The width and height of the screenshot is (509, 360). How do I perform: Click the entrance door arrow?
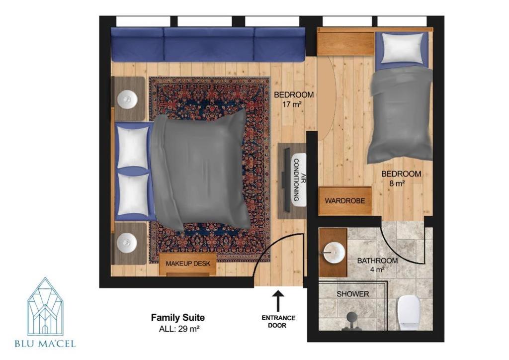pyautogui.click(x=278, y=301)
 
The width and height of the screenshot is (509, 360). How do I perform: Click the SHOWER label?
pyautogui.click(x=353, y=294)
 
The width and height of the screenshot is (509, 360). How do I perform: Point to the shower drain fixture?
pyautogui.click(x=351, y=320)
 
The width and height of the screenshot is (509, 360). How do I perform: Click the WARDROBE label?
pyautogui.click(x=345, y=201)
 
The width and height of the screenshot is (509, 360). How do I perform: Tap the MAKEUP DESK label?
pyautogui.click(x=188, y=264)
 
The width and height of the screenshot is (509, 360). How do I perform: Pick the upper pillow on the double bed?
pyautogui.click(x=133, y=148)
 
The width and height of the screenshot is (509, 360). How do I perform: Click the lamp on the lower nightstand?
pyautogui.click(x=127, y=242)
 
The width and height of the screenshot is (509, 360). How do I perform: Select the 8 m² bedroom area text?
pyautogui.click(x=397, y=183)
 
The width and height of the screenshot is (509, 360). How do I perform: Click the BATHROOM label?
pyautogui.click(x=377, y=261)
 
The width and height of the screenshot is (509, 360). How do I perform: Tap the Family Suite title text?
pyautogui.click(x=178, y=317)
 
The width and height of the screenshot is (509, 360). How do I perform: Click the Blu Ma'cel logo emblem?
pyautogui.click(x=45, y=306)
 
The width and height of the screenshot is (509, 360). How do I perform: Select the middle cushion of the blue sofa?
pyautogui.click(x=209, y=44)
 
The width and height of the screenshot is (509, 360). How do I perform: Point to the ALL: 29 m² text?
pyautogui.click(x=179, y=329)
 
